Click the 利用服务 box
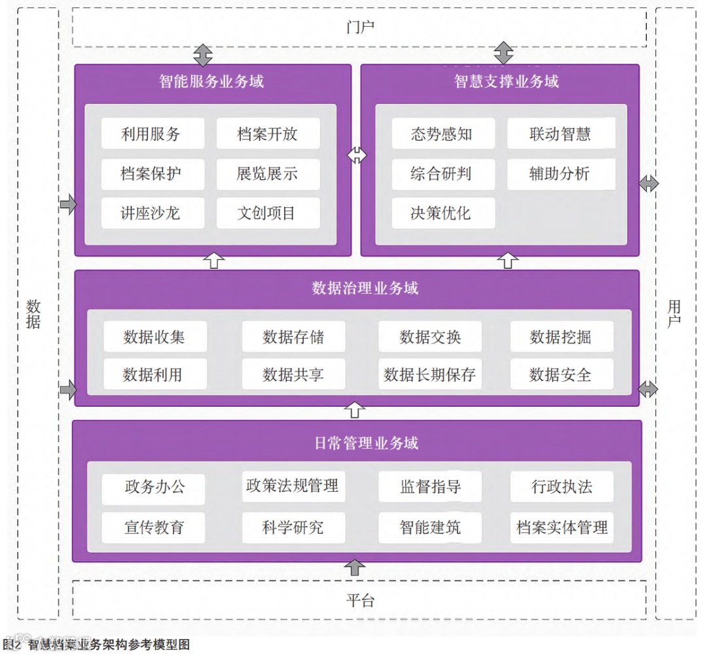153,134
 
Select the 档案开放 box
268,134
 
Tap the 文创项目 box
268,213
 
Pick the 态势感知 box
443,135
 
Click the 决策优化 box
443,213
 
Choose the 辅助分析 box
560,174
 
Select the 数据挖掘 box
561,337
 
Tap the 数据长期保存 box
430,375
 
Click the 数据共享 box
293,375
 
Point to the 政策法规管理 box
293,486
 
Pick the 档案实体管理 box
562,527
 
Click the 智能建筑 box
430,527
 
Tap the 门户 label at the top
360,27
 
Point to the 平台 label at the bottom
360,600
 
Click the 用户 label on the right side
674,313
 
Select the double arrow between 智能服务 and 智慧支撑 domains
357,155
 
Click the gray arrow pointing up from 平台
355,568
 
